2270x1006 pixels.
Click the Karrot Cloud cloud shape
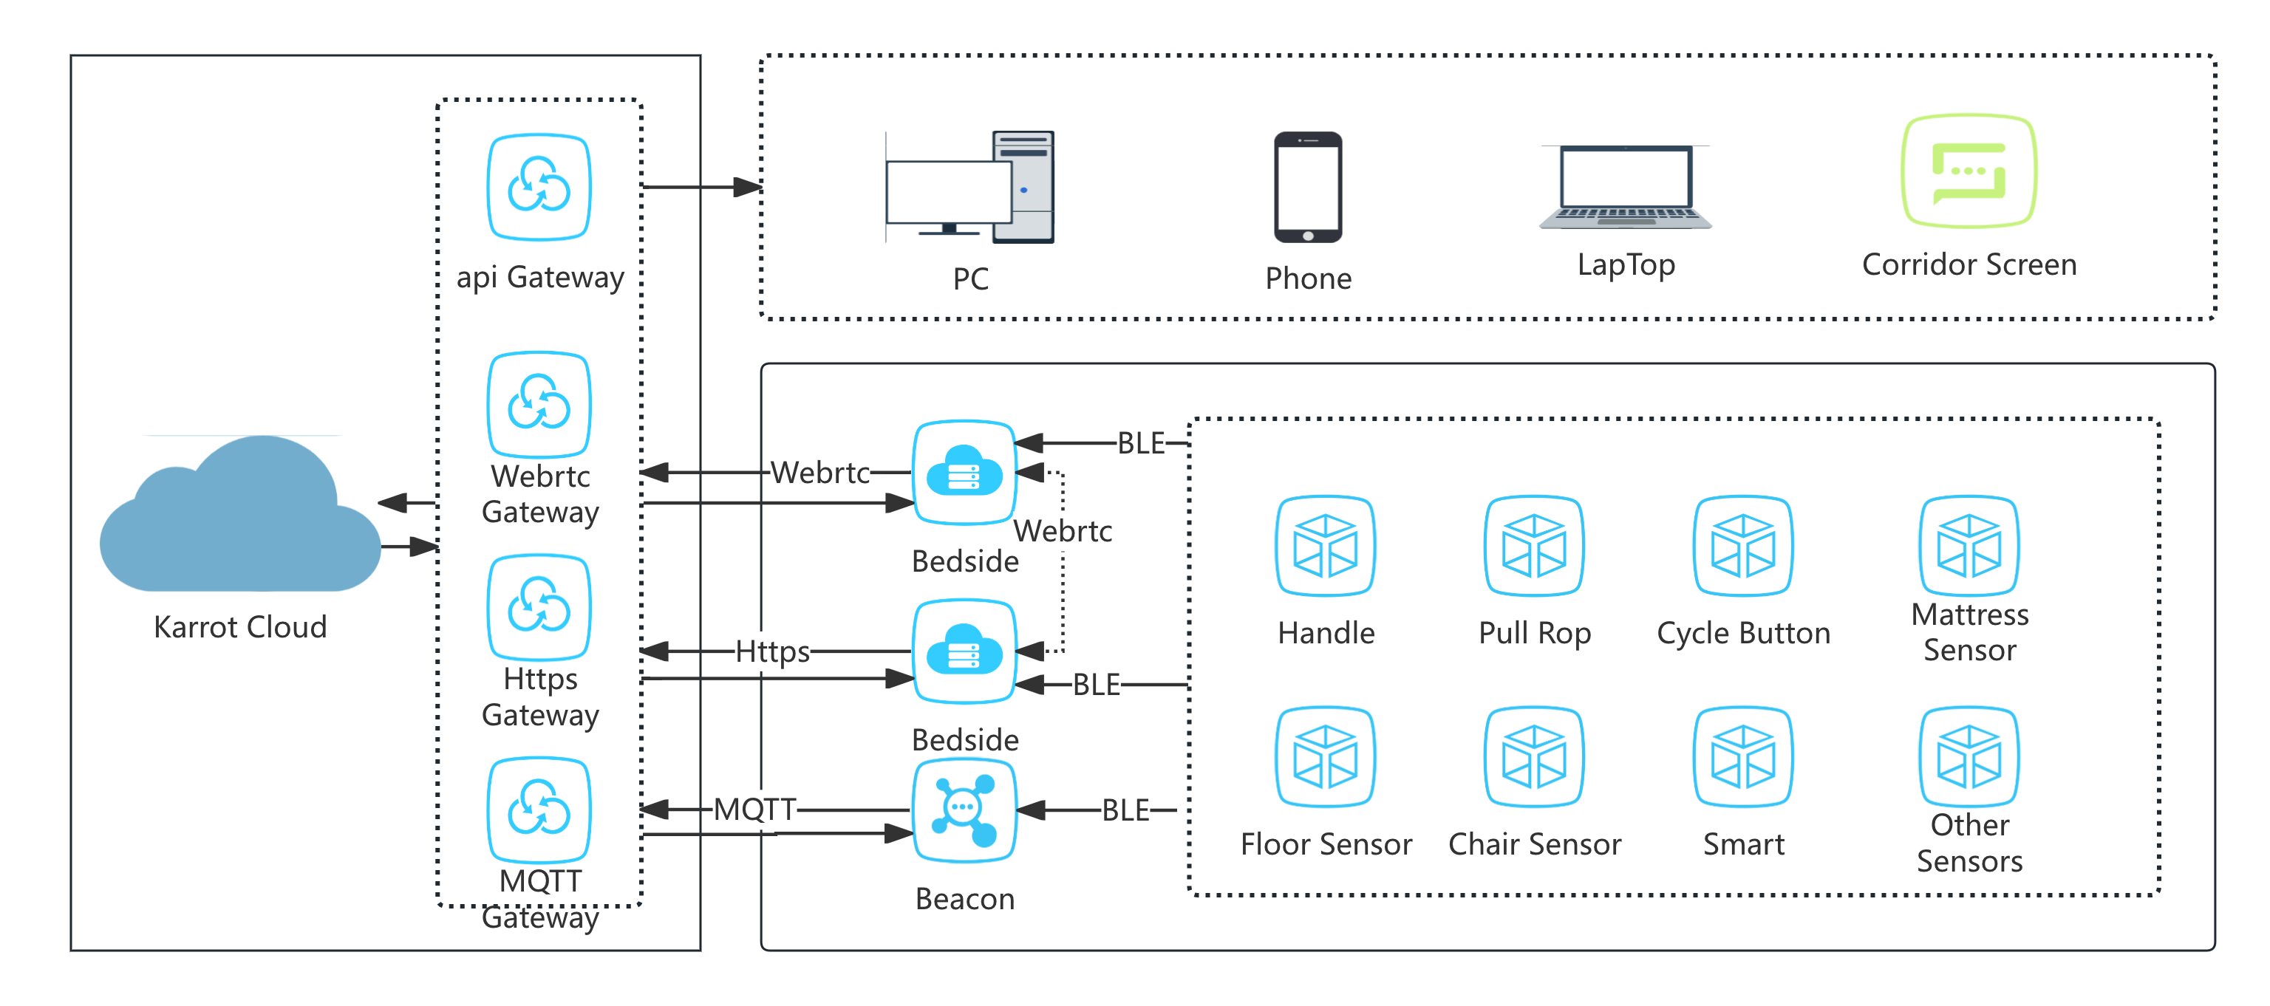coord(239,520)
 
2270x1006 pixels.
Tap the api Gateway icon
coord(539,187)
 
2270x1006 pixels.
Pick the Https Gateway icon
coord(539,607)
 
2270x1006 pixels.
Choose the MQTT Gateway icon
coord(539,810)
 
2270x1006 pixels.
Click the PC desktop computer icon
coord(970,187)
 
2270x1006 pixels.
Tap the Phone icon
coord(1308,187)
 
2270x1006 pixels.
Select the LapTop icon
coord(1625,187)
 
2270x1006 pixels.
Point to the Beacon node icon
coord(965,810)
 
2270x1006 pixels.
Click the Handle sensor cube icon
coord(1326,546)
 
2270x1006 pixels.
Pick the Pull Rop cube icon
coord(1534,546)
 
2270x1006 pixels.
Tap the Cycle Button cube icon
coord(1743,546)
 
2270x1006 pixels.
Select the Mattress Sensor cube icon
coord(1969,546)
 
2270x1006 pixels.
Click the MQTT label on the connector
coord(754,809)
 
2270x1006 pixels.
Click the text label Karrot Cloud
coord(239,627)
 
